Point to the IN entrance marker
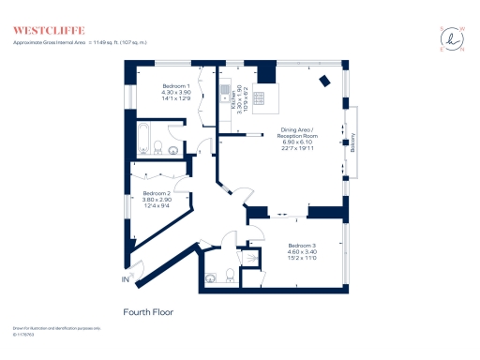[125, 279]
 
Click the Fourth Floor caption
[148, 311]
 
